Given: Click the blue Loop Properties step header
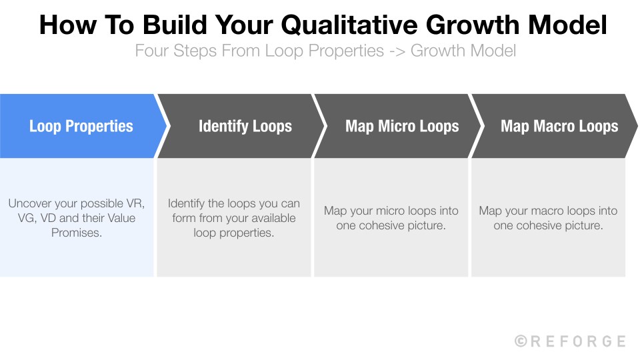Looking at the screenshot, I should tap(81, 127).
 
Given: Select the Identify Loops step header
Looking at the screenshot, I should tap(245, 127).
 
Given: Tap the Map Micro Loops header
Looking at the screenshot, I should tap(402, 127).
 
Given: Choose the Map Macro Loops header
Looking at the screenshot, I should tap(559, 127).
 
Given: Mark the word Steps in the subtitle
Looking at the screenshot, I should tap(194, 51).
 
